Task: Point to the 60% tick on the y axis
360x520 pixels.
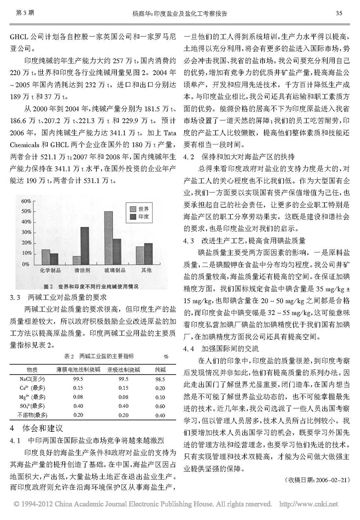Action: pos(25,201)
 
